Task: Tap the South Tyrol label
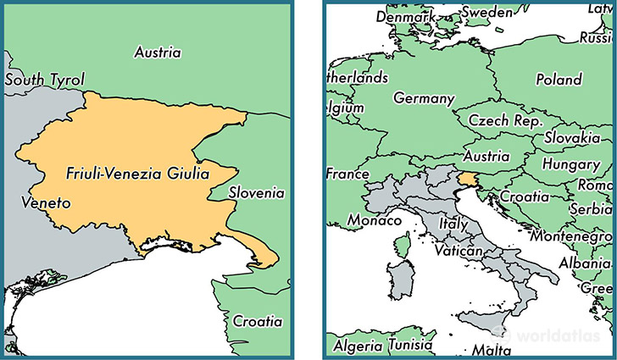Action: [x=45, y=80]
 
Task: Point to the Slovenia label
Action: [x=256, y=193]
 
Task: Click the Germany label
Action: [x=424, y=98]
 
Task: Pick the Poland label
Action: [x=559, y=80]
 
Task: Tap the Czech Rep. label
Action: [x=505, y=121]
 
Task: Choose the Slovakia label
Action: [x=573, y=137]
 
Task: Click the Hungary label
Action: [x=570, y=163]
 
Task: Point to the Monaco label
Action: [x=374, y=220]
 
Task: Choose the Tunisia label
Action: [x=411, y=346]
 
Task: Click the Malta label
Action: [x=491, y=350]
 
